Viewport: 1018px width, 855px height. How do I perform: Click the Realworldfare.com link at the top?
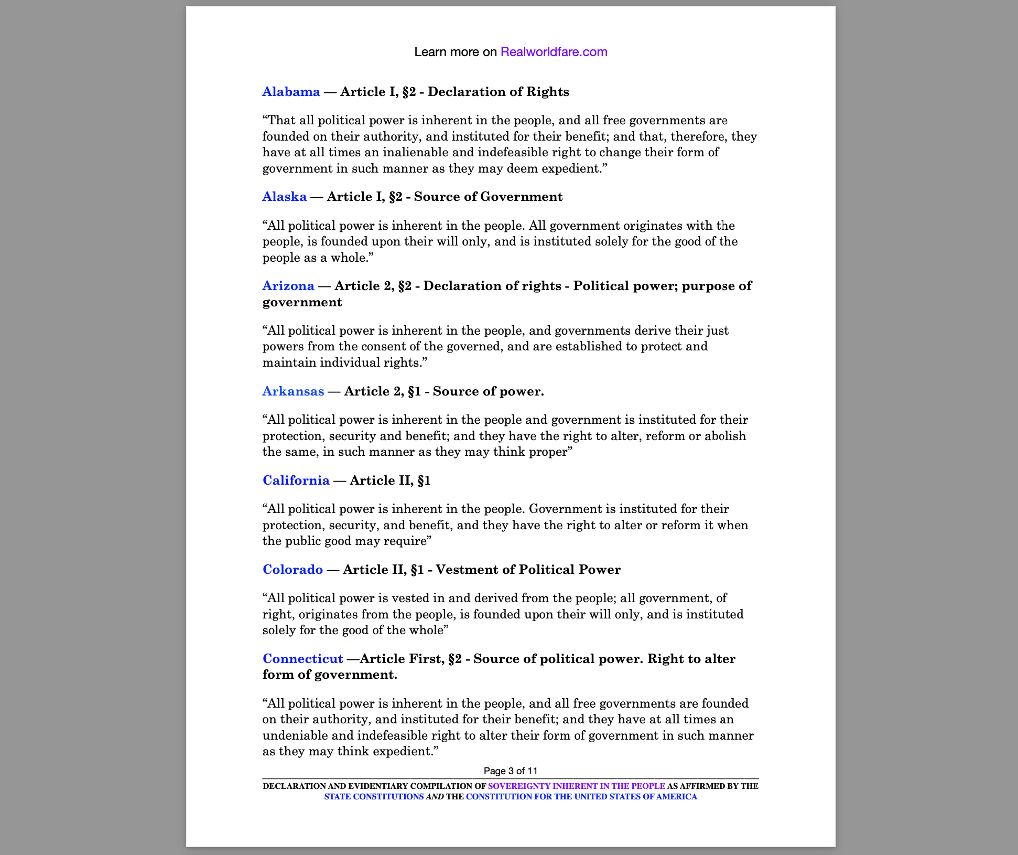tap(554, 52)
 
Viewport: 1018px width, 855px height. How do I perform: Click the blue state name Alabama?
tap(291, 92)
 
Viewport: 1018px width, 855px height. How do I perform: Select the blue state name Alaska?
tap(284, 197)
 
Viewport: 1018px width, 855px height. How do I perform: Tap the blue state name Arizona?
tap(288, 286)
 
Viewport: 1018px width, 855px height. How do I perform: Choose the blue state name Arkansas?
tap(293, 391)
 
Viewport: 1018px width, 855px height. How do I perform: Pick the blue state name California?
tap(296, 480)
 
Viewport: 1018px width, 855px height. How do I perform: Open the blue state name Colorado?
tap(293, 570)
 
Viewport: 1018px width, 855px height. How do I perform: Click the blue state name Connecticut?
tap(302, 659)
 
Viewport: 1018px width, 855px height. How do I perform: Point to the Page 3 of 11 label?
tap(511, 771)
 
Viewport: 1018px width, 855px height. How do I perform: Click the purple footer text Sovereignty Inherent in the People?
tap(576, 786)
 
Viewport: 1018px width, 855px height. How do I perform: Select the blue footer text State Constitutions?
tap(374, 797)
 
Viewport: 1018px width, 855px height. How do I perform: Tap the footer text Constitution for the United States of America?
tap(581, 797)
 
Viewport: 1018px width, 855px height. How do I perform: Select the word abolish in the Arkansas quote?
tap(725, 436)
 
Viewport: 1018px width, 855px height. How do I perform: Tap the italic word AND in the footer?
tap(435, 797)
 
